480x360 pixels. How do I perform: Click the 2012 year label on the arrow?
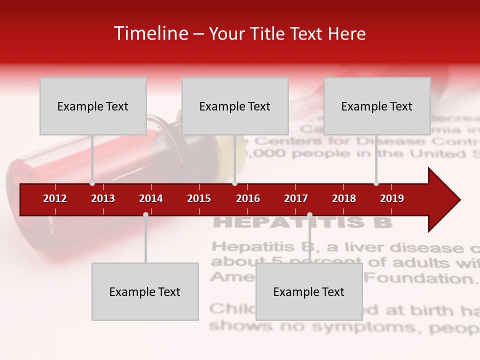(x=55, y=198)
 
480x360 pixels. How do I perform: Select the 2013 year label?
(x=103, y=198)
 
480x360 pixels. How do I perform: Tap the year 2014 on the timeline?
(x=151, y=198)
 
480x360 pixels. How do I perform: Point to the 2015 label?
(x=199, y=198)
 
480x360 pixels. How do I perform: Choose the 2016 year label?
(x=248, y=198)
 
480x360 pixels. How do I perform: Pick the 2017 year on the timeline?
(x=296, y=198)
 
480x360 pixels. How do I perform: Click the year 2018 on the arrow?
(x=344, y=198)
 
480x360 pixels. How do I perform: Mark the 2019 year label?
(x=392, y=198)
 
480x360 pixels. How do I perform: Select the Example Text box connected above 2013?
(x=93, y=106)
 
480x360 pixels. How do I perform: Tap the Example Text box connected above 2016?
(x=235, y=106)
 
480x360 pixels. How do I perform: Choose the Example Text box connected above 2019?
(x=377, y=106)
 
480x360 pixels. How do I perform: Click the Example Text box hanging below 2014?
(x=145, y=291)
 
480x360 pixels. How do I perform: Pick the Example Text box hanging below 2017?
(x=309, y=291)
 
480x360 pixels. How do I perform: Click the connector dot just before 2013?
(x=92, y=183)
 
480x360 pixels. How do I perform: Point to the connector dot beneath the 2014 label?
(x=145, y=215)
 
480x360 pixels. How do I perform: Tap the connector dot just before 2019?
(x=376, y=183)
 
